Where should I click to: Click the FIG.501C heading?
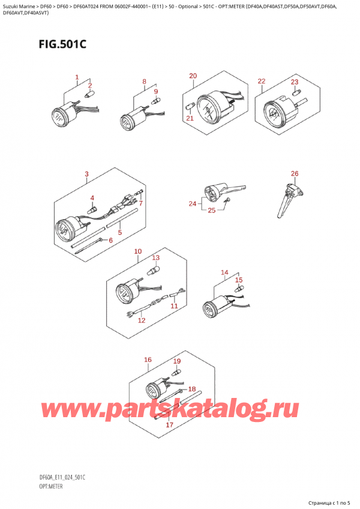tap(62, 43)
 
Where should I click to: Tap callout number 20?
tap(193, 76)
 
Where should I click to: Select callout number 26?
tap(295, 173)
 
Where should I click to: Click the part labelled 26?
tap(290, 200)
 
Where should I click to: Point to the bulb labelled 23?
tap(295, 93)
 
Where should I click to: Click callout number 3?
tap(86, 174)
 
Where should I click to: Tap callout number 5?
tap(120, 232)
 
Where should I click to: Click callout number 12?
tap(142, 321)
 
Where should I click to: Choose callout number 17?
tap(169, 424)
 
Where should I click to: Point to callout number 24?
tap(193, 203)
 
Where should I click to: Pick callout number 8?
tap(144, 82)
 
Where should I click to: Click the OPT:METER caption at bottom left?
tap(51, 486)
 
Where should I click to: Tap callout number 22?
tap(262, 81)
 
